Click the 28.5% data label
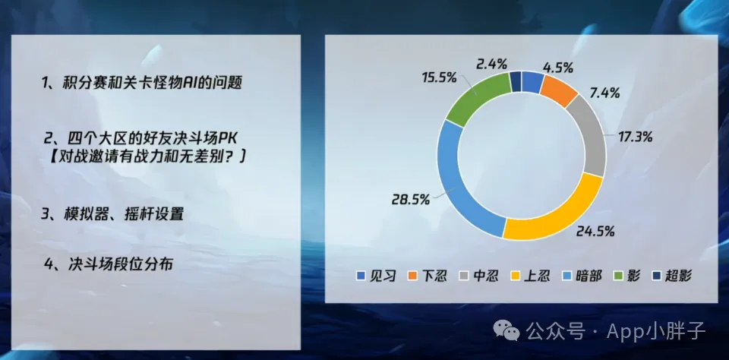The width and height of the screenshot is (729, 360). pos(411,200)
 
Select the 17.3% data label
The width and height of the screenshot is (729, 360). pos(635,137)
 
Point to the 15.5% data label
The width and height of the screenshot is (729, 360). pos(439,77)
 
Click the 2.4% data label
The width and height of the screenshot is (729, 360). pos(491,64)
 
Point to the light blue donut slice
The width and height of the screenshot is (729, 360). pos(459,182)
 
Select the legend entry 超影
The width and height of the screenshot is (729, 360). pos(672,276)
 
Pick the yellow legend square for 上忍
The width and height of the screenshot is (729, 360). pos(516,276)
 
